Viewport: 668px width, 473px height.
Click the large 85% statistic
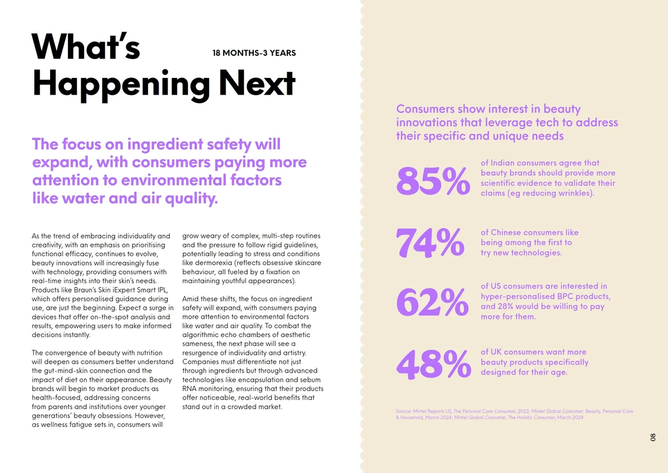click(x=433, y=181)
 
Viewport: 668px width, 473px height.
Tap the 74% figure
click(x=430, y=243)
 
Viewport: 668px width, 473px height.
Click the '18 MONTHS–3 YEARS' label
click(x=254, y=53)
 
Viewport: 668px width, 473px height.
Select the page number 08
click(x=653, y=437)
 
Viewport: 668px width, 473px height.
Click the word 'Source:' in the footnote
click(x=404, y=412)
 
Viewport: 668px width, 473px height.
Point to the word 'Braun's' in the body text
click(x=87, y=290)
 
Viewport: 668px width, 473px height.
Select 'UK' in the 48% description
click(x=497, y=352)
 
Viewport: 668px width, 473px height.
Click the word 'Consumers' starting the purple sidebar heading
click(x=425, y=109)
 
